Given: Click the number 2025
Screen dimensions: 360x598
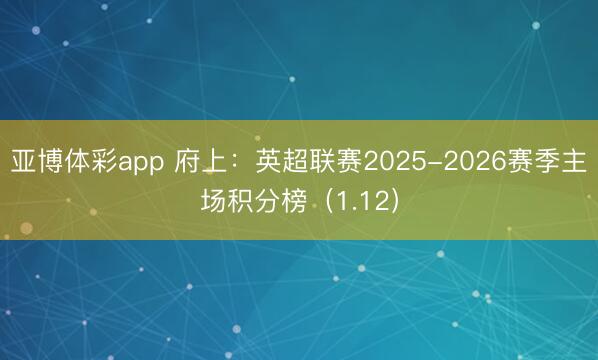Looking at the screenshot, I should tap(396, 162).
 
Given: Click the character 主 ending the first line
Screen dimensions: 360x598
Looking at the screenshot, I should tap(575, 162).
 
